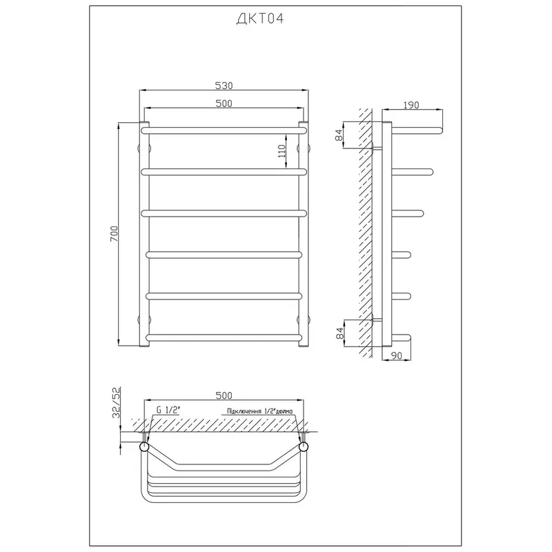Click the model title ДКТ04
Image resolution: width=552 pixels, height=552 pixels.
pyautogui.click(x=260, y=19)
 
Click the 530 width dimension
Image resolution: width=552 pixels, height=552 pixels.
pyautogui.click(x=224, y=86)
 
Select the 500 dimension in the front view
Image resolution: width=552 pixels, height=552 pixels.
pyautogui.click(x=224, y=103)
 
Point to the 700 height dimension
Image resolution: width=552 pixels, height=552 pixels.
pyautogui.click(x=115, y=233)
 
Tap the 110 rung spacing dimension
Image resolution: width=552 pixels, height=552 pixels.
pyautogui.click(x=282, y=151)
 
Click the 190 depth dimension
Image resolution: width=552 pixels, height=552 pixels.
pyautogui.click(x=411, y=105)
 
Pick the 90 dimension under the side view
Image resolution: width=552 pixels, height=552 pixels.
pyautogui.click(x=396, y=355)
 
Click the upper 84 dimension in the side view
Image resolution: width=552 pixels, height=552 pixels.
pyautogui.click(x=339, y=135)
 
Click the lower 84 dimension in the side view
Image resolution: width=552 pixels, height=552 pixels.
pyautogui.click(x=339, y=333)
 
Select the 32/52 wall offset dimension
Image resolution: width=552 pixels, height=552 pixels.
pyautogui.click(x=116, y=402)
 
